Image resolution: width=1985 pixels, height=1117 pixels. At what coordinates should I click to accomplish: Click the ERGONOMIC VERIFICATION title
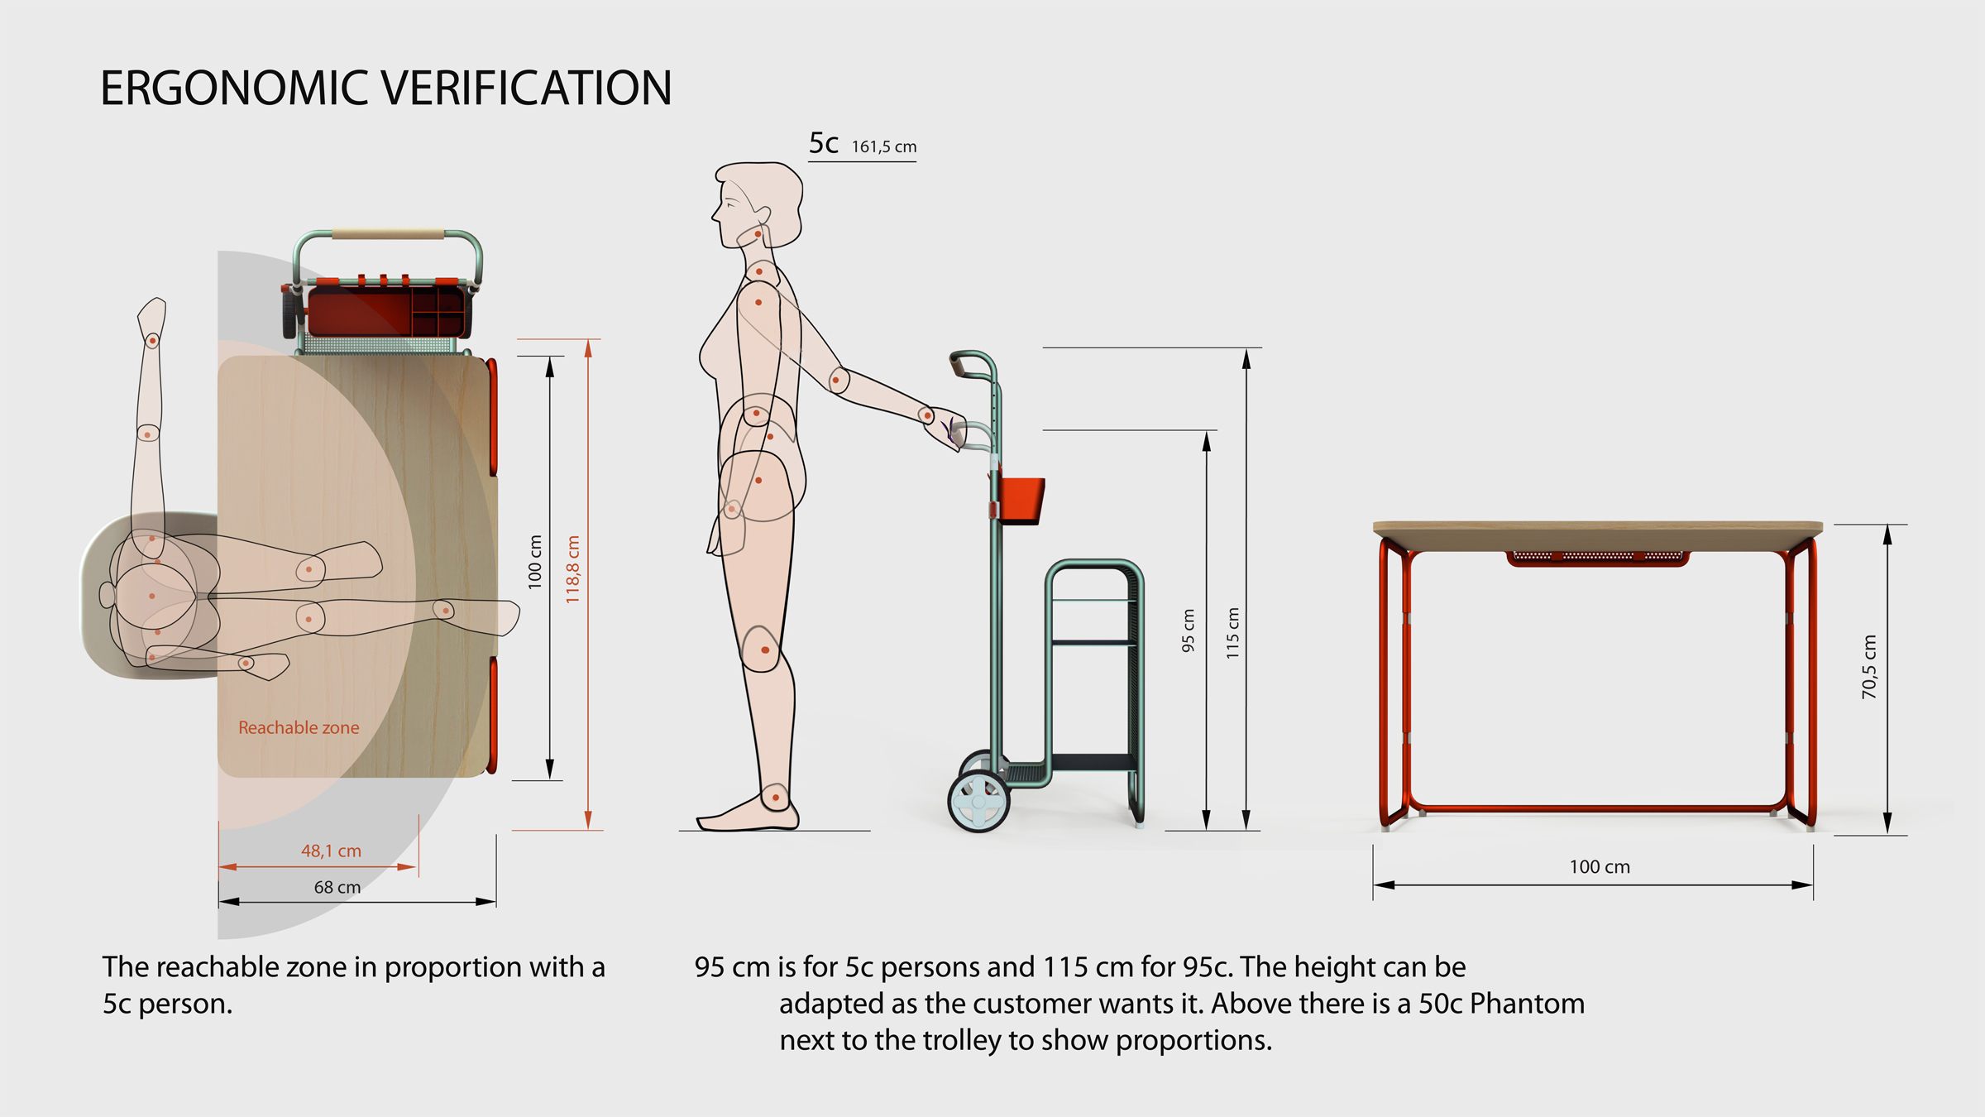coord(385,88)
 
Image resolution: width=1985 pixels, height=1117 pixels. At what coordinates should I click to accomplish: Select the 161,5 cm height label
coord(884,147)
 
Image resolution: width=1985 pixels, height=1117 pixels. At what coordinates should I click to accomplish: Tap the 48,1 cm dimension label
coord(331,851)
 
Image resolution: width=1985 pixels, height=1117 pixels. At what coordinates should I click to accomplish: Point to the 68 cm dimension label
coord(337,887)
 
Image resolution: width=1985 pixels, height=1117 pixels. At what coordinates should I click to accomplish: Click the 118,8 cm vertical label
coord(572,569)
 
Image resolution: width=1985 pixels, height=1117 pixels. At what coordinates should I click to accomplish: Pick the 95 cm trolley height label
coord(1189,630)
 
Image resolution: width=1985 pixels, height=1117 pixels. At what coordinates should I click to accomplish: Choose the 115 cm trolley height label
coord(1233,633)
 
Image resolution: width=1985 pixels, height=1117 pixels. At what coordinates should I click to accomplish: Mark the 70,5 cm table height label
coord(1869,667)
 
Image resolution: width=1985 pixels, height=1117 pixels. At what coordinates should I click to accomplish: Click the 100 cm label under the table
coord(1600,867)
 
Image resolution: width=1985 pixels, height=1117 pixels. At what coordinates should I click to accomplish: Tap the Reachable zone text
coord(299,728)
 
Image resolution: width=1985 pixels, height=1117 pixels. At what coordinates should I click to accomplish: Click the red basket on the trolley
coord(1021,500)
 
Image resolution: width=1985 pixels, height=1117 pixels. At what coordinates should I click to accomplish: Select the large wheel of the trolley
coord(978,801)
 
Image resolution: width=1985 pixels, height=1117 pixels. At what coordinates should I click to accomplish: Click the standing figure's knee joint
coord(763,650)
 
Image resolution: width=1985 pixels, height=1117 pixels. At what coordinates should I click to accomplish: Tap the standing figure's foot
coord(749,814)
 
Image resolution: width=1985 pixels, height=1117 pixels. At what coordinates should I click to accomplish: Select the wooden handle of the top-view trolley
coord(389,235)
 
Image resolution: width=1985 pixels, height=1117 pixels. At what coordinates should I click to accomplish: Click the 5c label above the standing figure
coord(824,144)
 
